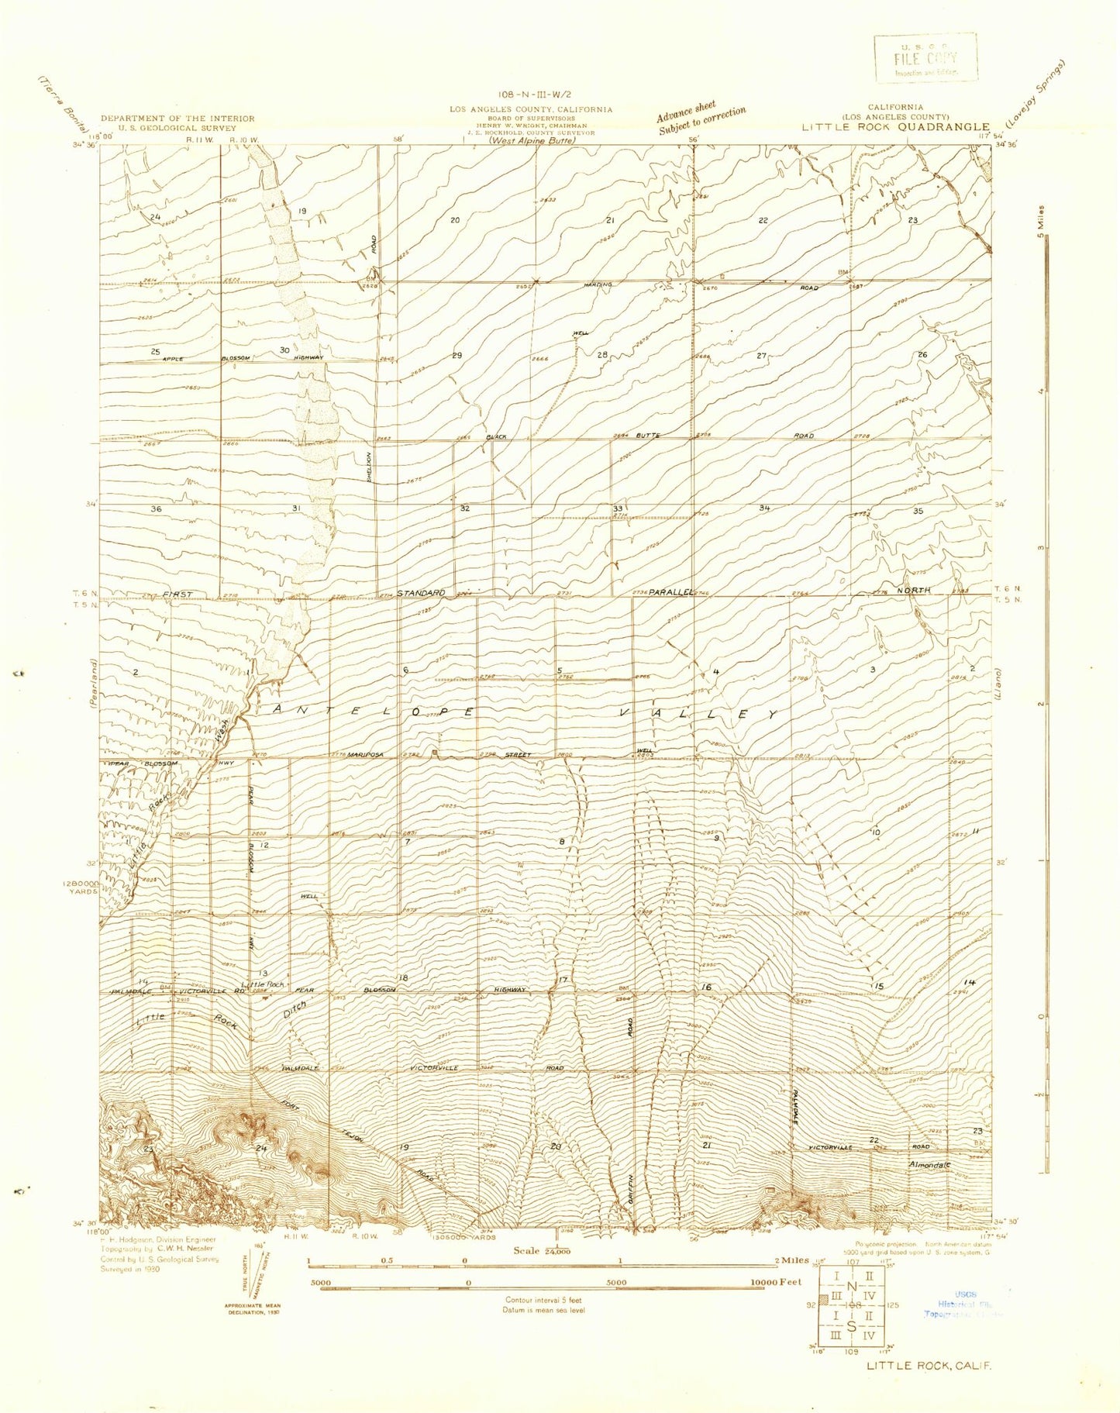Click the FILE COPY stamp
925,58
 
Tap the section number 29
457,356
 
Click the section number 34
765,508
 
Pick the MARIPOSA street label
366,754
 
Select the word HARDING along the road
598,284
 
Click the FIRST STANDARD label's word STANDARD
422,593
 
